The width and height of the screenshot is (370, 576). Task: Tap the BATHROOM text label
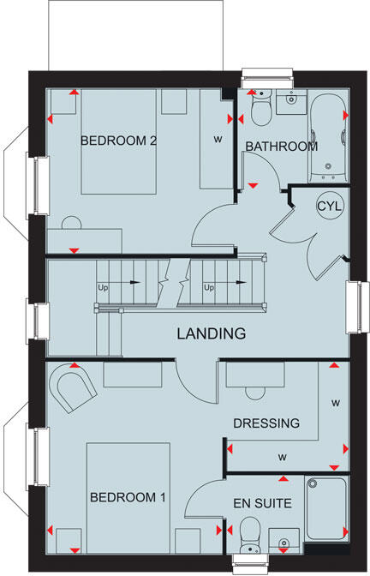pyautogui.click(x=281, y=147)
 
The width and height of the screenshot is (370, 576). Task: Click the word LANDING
pyautogui.click(x=212, y=333)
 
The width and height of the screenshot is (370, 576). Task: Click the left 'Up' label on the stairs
pyautogui.click(x=103, y=287)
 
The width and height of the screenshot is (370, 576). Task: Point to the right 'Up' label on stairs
pyautogui.click(x=208, y=287)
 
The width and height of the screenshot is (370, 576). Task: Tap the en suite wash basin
pyautogui.click(x=284, y=539)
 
